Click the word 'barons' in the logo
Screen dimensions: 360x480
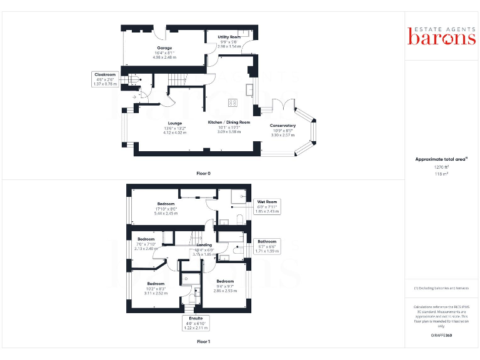[x=442, y=37]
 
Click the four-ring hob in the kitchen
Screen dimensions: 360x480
[x=233, y=102]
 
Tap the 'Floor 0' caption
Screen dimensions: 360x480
[x=203, y=172]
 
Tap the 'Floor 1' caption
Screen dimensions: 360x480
[x=203, y=342]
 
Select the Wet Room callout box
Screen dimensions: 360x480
[x=267, y=206]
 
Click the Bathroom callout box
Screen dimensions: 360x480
[x=267, y=246]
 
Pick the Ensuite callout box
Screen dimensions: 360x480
[x=196, y=322]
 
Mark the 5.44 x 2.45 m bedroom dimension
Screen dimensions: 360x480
[x=166, y=213]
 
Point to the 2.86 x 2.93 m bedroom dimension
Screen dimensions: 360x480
[x=225, y=291]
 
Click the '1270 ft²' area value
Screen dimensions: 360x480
[x=442, y=167]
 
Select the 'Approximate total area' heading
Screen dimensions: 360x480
[x=442, y=159]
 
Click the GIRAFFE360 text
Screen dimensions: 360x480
[x=442, y=336]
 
